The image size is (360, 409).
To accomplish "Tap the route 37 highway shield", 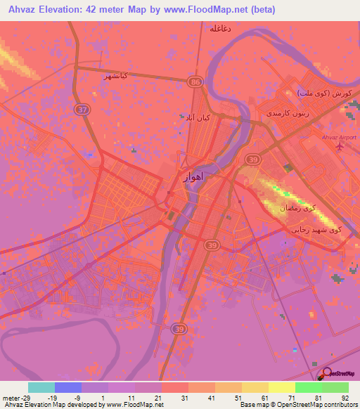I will pos(82,110).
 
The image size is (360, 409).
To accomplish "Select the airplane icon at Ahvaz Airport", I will pos(341,147).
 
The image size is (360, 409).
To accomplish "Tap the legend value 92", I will pos(344,398).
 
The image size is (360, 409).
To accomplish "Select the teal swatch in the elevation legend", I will pos(41,387).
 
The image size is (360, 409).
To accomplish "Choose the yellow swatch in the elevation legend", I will pos(281,387).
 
